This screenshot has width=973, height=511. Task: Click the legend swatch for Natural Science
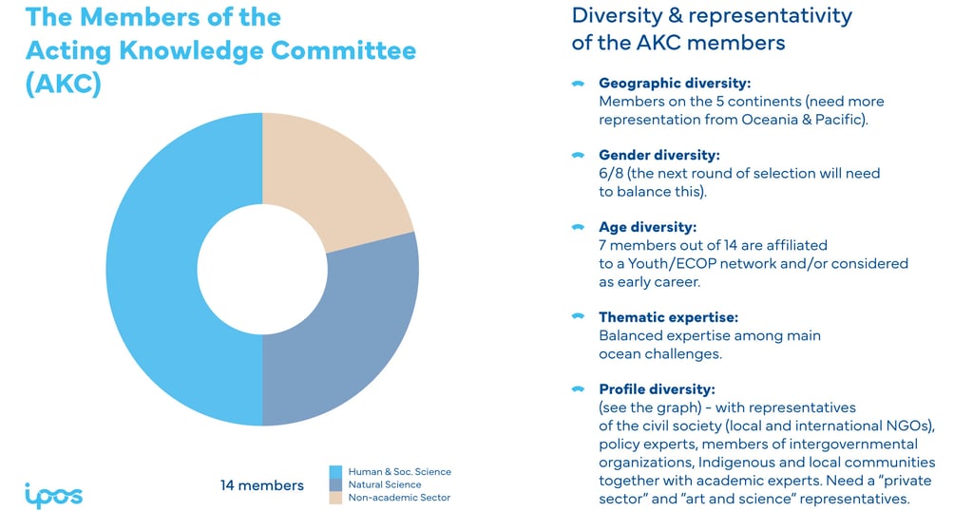click(335, 484)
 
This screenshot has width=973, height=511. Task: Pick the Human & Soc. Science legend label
click(399, 471)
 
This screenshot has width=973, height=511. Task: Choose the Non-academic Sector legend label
click(399, 498)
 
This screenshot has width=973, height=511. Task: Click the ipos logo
click(53, 495)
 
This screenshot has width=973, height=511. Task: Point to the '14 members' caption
click(262, 485)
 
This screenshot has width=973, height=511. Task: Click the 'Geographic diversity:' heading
click(675, 84)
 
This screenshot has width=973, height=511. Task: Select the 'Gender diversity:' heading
click(658, 155)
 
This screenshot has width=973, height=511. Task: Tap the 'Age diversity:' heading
click(647, 227)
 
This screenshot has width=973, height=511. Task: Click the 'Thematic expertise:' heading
click(668, 317)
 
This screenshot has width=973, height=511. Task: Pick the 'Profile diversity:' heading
click(657, 389)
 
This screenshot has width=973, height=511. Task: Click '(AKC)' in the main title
click(63, 83)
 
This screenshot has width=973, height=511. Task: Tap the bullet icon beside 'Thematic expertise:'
click(577, 317)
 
